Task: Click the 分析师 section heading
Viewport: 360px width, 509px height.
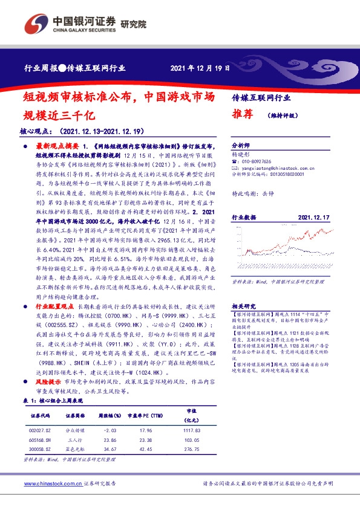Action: [x=241, y=146]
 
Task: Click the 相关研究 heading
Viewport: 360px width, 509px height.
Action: [x=244, y=306]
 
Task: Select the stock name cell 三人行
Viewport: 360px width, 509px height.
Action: [x=75, y=440]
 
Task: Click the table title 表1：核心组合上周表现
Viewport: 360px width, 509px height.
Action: [x=53, y=401]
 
